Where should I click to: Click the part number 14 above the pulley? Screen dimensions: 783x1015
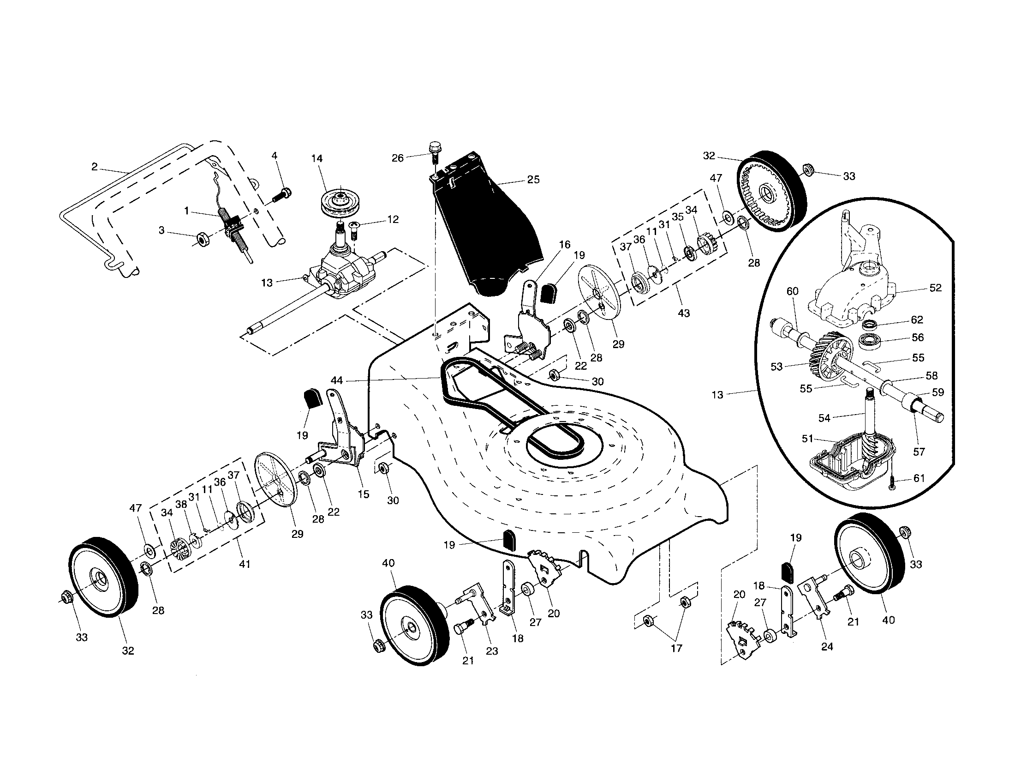coord(316,158)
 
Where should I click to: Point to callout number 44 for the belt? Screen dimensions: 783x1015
coord(336,380)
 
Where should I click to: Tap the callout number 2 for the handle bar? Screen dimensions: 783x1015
coord(94,167)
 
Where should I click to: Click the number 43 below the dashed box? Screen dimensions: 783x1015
coord(684,313)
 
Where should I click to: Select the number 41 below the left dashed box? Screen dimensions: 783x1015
coord(245,564)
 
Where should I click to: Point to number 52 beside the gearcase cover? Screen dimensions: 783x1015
coord(935,288)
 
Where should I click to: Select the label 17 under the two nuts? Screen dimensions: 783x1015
coord(676,648)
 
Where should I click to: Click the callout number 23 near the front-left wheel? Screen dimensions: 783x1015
coord(492,651)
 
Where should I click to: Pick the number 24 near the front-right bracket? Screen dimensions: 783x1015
coord(827,646)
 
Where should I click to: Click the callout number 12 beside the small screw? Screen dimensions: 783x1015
coord(393,219)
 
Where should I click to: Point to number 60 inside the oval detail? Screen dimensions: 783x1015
coord(792,291)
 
